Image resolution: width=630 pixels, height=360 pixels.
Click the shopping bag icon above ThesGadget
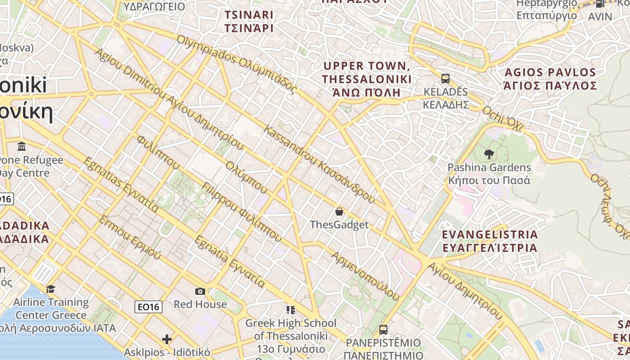(339, 211)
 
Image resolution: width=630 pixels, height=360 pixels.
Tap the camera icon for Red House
(200, 292)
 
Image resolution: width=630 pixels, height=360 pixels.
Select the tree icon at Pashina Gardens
(489, 154)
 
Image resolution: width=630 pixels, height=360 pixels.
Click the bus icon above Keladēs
(445, 79)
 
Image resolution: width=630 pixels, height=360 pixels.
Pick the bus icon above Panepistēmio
(383, 330)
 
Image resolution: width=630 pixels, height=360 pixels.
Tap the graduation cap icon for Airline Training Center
(50, 289)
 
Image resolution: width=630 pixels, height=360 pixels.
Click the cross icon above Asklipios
(167, 339)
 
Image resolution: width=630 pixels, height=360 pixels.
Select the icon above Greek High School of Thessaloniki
(291, 310)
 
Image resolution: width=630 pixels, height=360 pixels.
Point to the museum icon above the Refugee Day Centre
(21, 147)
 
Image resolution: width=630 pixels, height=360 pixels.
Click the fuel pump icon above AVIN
(600, 4)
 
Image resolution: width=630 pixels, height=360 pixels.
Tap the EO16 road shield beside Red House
(148, 307)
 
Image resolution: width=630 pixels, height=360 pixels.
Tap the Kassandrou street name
(319, 164)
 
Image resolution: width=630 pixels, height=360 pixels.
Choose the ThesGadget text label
(339, 225)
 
